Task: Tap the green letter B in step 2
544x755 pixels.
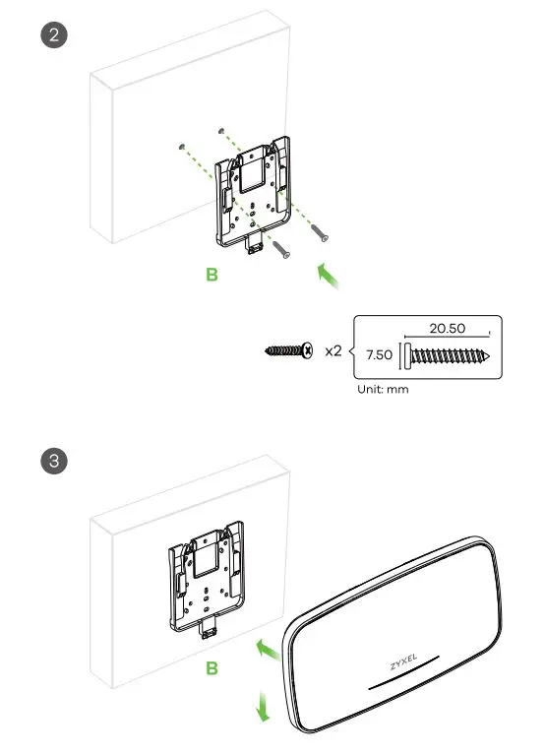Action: pyautogui.click(x=212, y=275)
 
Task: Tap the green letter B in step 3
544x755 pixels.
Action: pyautogui.click(x=212, y=669)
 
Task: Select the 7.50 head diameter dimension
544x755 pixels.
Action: pyautogui.click(x=378, y=353)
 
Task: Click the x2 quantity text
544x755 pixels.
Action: pyautogui.click(x=332, y=349)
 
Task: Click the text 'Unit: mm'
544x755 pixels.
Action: pyautogui.click(x=383, y=389)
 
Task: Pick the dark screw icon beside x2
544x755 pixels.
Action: pyautogui.click(x=289, y=349)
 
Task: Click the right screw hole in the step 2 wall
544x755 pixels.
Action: pyautogui.click(x=221, y=129)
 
